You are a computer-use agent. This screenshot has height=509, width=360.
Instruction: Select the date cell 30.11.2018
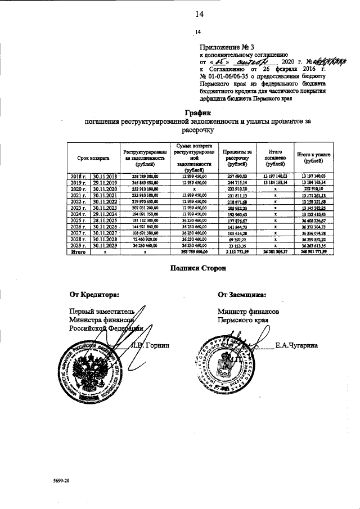pyautogui.click(x=105, y=177)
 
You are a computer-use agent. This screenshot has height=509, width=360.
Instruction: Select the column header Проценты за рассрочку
pyautogui.click(x=237, y=159)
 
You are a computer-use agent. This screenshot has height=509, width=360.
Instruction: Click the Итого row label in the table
pyautogui.click(x=79, y=253)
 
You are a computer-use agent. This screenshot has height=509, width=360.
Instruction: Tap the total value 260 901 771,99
pyautogui.click(x=313, y=253)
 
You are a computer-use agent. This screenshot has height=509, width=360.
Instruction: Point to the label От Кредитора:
pyautogui.click(x=94, y=294)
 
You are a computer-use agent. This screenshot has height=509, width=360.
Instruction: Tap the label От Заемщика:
pyautogui.click(x=242, y=294)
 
